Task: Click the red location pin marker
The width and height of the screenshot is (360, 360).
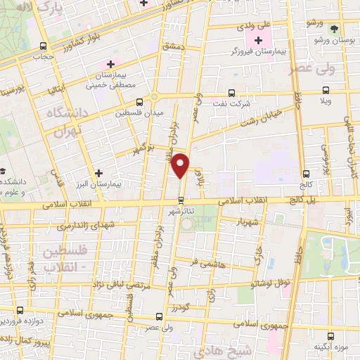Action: pos(181,165)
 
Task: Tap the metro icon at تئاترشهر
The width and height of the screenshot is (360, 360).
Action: pos(181,199)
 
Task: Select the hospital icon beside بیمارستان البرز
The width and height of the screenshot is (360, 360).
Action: pos(98,172)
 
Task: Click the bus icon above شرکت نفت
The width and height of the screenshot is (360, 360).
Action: pos(231,92)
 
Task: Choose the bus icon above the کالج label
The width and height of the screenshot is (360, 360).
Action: pos(305,174)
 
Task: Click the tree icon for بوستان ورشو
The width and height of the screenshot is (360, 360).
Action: pos(333,29)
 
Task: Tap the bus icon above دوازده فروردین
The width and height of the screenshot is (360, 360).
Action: pos(19,309)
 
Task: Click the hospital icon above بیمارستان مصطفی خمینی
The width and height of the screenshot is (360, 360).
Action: pos(110,65)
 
